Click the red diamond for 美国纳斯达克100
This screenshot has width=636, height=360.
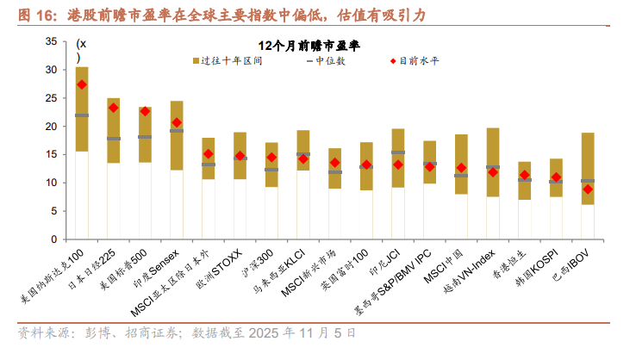tap(82, 84)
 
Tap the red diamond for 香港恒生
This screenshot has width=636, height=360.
tap(524, 175)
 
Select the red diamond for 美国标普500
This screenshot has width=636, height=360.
tap(145, 111)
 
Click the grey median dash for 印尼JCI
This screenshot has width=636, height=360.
tap(398, 152)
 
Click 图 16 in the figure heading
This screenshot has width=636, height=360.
tap(34, 16)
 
